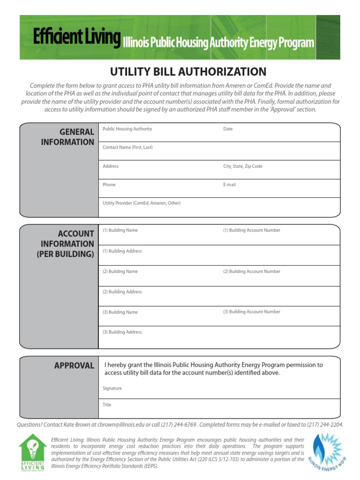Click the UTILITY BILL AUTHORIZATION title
(x=188, y=72)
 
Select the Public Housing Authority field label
(x=127, y=129)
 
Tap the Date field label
(x=228, y=129)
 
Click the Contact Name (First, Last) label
(x=127, y=147)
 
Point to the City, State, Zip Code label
(x=242, y=166)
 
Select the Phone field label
(x=109, y=185)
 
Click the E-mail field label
(x=229, y=185)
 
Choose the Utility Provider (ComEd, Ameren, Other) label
(x=142, y=203)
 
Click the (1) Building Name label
(x=120, y=230)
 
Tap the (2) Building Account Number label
(x=251, y=271)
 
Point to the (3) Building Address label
(x=122, y=332)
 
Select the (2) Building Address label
(x=122, y=292)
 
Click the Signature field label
(x=112, y=388)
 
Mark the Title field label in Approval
(x=107, y=405)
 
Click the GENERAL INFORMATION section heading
(x=67, y=137)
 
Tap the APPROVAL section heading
(x=74, y=366)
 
